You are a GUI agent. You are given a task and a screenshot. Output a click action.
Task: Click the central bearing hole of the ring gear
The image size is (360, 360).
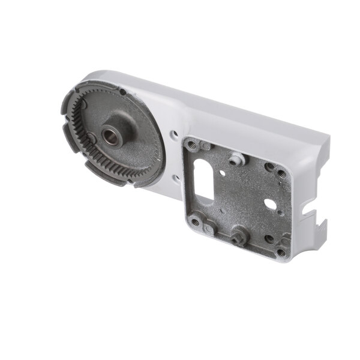pos(112,136)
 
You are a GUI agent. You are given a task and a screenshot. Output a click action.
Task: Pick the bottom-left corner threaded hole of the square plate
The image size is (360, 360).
pos(196,222)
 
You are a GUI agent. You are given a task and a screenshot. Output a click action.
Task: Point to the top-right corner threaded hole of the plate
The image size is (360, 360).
pos(281,174)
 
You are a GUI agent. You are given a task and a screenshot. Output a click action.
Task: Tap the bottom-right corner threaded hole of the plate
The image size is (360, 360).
pos(281,252)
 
